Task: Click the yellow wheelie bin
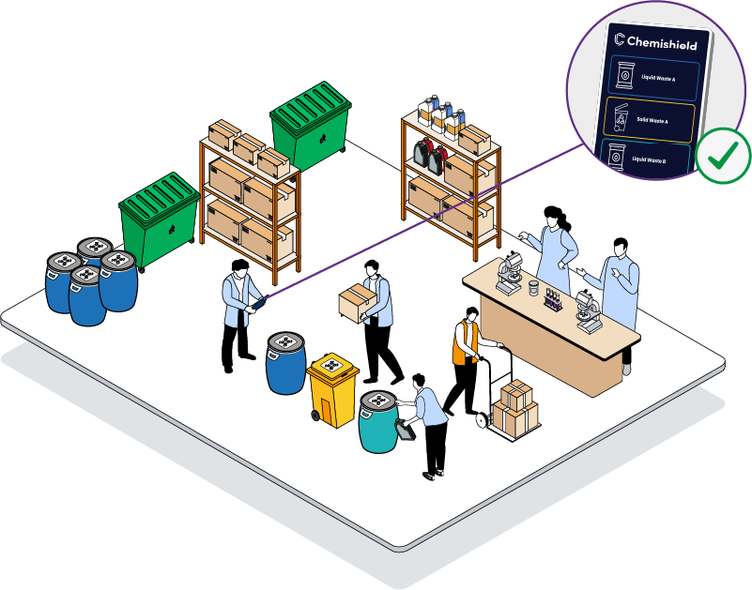coord(333,386)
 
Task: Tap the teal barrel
coord(379,421)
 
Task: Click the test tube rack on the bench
coord(552,300)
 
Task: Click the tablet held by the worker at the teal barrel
coord(406,429)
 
